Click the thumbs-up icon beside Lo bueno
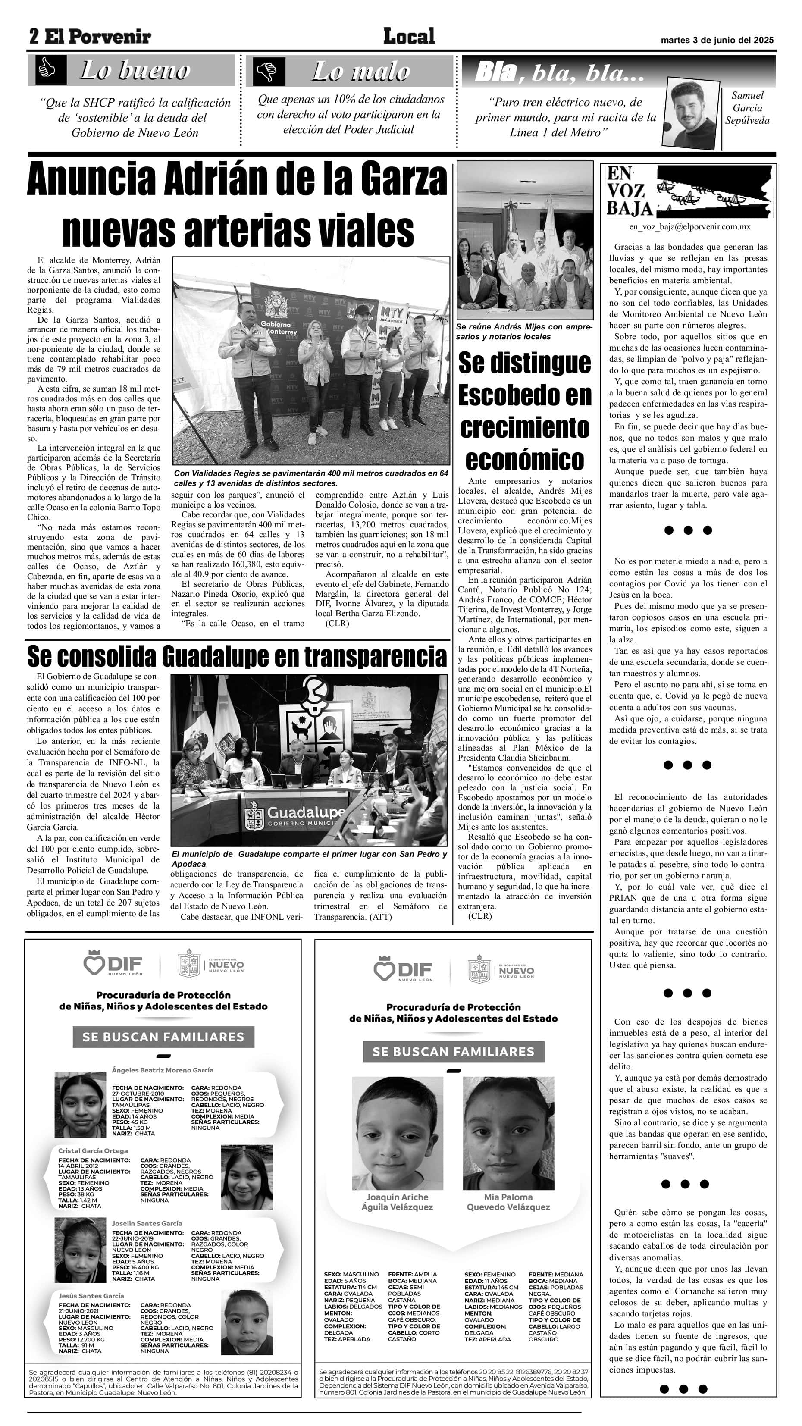pyautogui.click(x=47, y=70)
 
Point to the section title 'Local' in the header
pyautogui.click(x=409, y=37)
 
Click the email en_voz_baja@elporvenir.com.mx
pyautogui.click(x=689, y=227)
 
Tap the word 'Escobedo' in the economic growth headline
pyautogui.click(x=525, y=395)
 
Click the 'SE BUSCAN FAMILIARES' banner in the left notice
pyautogui.click(x=163, y=1037)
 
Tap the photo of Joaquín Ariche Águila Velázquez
pyautogui.click(x=398, y=1133)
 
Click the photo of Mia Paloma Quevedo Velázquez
pyautogui.click(x=508, y=1133)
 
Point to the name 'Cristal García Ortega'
pyautogui.click(x=93, y=1151)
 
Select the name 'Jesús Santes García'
pyautogui.click(x=91, y=1296)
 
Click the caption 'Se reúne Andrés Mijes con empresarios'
pyautogui.click(x=523, y=332)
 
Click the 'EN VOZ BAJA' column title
pyautogui.click(x=630, y=191)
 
